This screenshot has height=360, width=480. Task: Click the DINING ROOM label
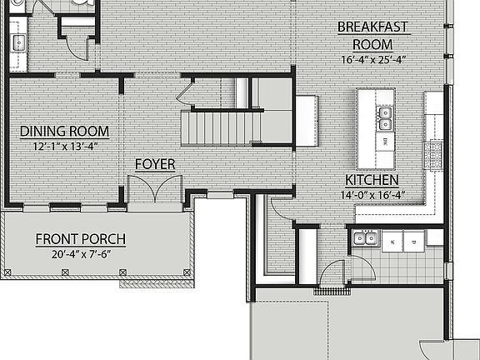point(64,132)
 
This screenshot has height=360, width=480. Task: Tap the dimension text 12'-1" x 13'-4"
point(64,147)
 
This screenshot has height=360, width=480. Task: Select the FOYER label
point(155,164)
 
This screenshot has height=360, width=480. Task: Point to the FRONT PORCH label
point(80,240)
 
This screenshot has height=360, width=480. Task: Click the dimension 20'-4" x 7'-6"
point(80,255)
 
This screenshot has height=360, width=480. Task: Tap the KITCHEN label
point(372,180)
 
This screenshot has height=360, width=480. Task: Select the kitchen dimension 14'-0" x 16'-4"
point(372,195)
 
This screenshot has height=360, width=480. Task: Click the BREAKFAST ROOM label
point(372,35)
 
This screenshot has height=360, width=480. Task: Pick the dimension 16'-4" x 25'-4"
point(372,59)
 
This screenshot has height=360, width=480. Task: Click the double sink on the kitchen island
point(384,117)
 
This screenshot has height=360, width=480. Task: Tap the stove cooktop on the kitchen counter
point(434,152)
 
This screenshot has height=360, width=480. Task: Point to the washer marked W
point(391,242)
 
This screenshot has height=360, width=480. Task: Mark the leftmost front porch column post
point(7,272)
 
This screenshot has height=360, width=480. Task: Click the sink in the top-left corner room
point(17,41)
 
